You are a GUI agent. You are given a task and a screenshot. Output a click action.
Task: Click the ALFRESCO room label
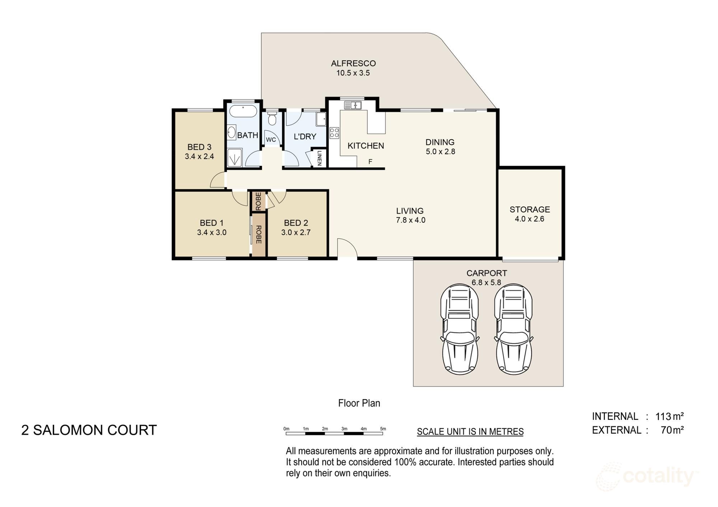(353, 64)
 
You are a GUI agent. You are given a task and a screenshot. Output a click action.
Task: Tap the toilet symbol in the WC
(272, 119)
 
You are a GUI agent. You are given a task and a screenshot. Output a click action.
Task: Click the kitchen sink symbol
(353, 105)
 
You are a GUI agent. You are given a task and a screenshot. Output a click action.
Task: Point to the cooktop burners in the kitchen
(334, 133)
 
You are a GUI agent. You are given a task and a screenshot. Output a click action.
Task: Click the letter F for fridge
(370, 162)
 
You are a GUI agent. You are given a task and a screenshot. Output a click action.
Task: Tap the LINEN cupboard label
(319, 158)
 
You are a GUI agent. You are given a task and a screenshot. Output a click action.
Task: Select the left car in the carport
(460, 329)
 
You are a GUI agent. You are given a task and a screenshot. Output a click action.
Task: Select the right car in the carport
(513, 329)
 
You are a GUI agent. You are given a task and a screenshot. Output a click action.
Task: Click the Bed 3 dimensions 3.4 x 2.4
(199, 156)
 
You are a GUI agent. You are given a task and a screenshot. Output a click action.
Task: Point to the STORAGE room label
(530, 209)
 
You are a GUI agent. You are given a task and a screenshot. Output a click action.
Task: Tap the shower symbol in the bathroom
(235, 158)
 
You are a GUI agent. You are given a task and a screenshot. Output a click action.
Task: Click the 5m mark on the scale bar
(383, 429)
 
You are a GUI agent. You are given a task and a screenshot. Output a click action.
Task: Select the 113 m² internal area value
(669, 417)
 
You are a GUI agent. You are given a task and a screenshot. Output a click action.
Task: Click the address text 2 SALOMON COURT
(89, 430)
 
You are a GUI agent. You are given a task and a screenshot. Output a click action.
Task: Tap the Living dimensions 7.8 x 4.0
(410, 220)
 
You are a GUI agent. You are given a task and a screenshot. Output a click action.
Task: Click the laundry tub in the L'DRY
(321, 119)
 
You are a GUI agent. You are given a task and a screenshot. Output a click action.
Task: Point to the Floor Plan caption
(359, 403)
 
